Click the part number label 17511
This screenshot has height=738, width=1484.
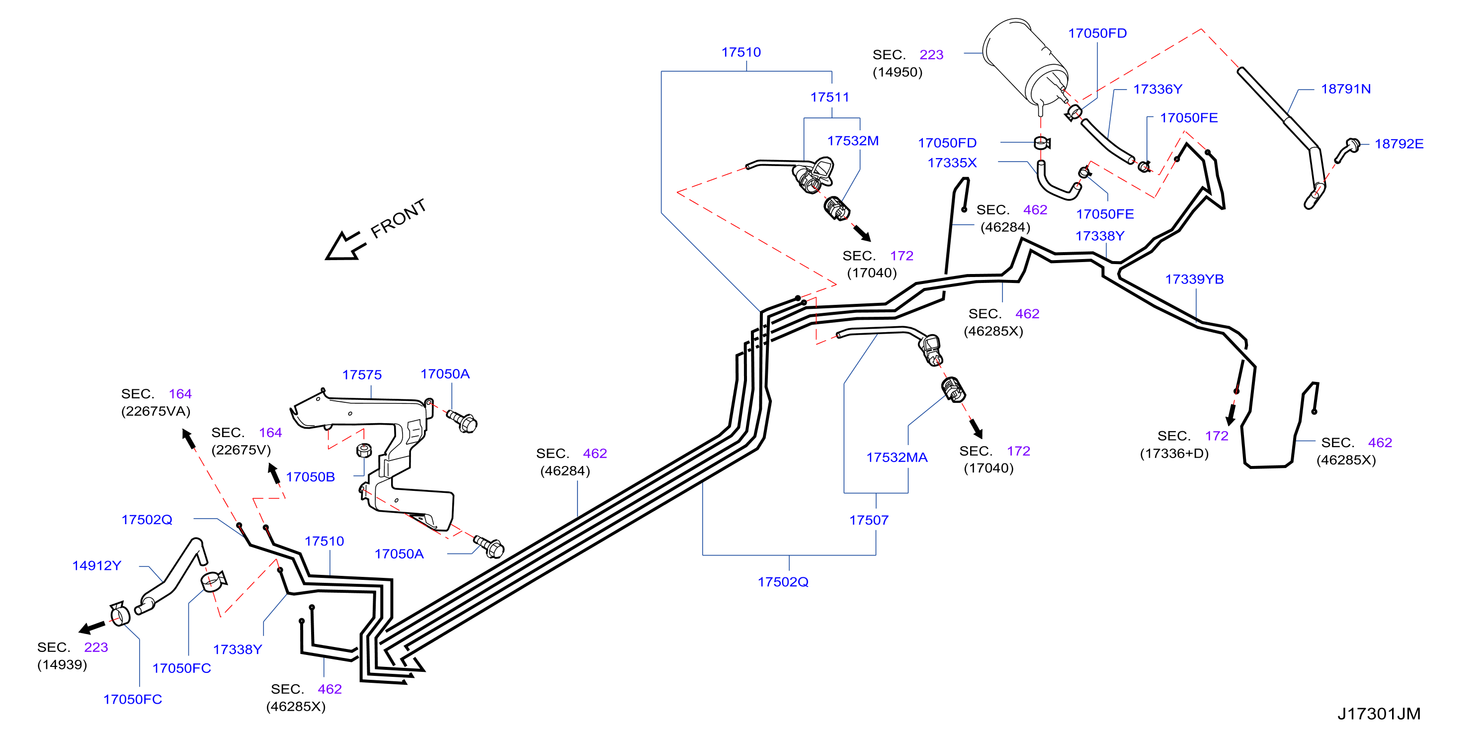tap(829, 97)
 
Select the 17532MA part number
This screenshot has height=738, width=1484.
tap(897, 457)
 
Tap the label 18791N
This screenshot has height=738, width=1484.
tap(1346, 89)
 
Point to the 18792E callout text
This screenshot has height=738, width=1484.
tap(1399, 144)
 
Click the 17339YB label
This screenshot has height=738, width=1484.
tap(1194, 279)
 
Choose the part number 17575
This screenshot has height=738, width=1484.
tap(362, 375)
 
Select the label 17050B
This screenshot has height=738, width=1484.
tap(310, 477)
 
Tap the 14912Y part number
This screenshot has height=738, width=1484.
tap(97, 565)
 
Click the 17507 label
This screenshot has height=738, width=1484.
tap(869, 520)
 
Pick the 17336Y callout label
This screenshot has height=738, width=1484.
tap(1157, 90)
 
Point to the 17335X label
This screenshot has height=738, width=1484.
tap(952, 163)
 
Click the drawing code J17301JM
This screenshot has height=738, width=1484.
tap(1379, 714)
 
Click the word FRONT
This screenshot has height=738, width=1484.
tap(398, 218)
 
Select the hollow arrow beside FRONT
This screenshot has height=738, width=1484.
tap(345, 247)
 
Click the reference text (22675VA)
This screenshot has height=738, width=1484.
tap(156, 411)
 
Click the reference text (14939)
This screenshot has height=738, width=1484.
tap(62, 665)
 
